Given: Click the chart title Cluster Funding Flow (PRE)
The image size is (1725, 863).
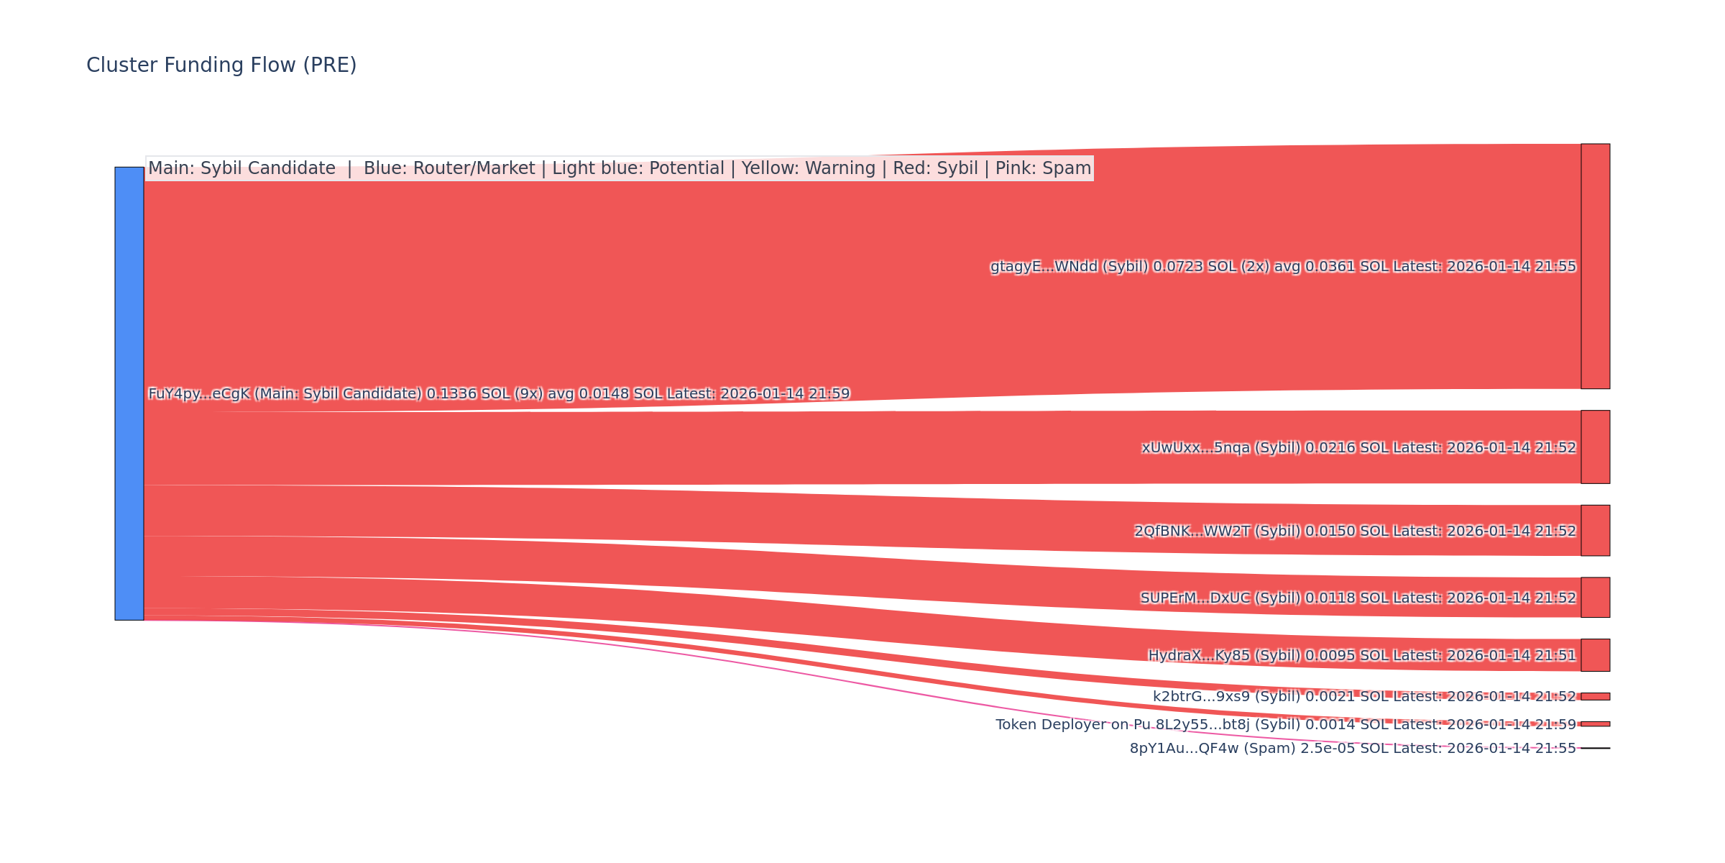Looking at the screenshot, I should coord(221,65).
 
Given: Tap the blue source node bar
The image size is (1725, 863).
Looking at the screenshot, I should coord(129,393).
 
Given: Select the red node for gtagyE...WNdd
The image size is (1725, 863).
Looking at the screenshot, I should coord(1595,266).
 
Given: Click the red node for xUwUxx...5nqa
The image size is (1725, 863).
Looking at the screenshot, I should coord(1595,447).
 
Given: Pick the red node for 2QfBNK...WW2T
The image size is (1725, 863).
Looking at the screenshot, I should coord(1595,530).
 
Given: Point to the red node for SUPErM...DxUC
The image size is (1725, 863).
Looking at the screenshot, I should coord(1595,597).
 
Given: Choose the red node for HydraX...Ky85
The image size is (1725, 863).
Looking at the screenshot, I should coord(1595,654).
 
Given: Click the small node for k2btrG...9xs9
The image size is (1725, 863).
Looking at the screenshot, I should coord(1595,696).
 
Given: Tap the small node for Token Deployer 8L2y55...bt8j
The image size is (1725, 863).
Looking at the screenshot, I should coord(1595,723).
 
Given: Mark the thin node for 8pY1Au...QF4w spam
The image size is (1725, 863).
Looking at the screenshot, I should coord(1595,748).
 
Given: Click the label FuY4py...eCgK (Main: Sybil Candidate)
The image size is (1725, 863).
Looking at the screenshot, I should coord(499,394).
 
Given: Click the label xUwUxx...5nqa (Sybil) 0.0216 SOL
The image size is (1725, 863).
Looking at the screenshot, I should coord(1358,448).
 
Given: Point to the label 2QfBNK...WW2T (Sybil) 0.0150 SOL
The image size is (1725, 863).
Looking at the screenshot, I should coord(1355,531).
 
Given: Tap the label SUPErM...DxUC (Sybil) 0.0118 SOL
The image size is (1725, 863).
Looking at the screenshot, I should coord(1358,598).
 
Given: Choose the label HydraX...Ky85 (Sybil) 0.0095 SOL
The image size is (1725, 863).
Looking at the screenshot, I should coord(1361,656).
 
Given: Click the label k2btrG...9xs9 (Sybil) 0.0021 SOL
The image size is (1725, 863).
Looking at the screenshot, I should coord(1364,697).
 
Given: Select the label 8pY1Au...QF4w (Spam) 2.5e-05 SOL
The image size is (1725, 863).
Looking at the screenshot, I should coord(1353,749).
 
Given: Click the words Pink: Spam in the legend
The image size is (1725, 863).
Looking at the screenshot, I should coord(1043,169).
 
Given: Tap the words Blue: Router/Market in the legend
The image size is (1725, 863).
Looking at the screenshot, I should coord(449,169).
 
